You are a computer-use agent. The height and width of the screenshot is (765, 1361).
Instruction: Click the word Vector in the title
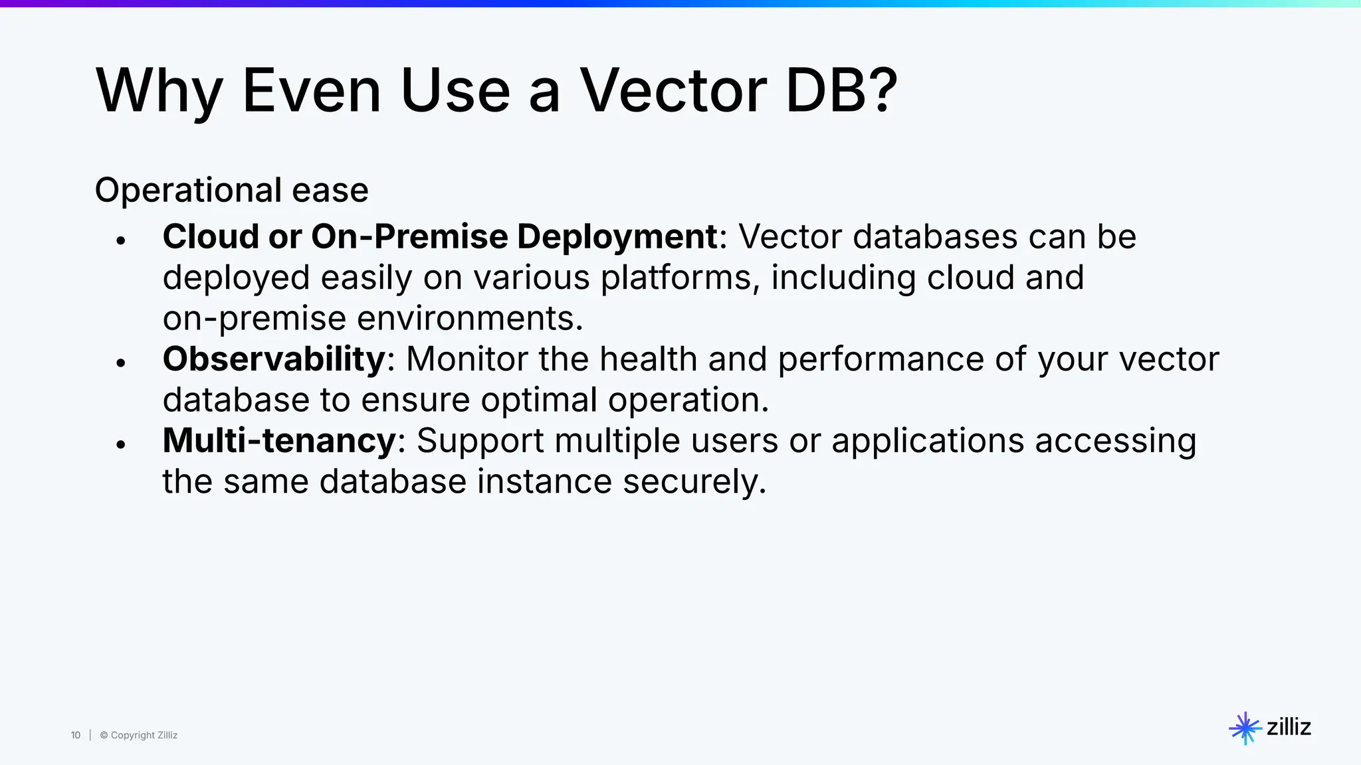click(x=673, y=91)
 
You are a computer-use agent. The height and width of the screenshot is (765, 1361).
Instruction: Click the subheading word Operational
click(x=188, y=191)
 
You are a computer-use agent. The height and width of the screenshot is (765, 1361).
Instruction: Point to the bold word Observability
click(x=274, y=359)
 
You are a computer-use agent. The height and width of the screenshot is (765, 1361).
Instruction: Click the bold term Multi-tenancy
click(x=279, y=440)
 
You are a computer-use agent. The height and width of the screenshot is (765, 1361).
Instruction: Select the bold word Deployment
click(x=617, y=237)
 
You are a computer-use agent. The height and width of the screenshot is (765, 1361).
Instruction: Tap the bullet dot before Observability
click(x=120, y=363)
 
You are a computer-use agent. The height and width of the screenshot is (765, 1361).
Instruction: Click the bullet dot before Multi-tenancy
click(x=120, y=444)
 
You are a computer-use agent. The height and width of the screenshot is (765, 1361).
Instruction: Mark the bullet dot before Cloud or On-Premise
click(x=120, y=240)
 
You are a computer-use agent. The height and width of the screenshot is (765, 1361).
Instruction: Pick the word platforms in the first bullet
click(x=680, y=278)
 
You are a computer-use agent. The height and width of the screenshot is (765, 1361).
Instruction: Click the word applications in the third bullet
click(x=927, y=440)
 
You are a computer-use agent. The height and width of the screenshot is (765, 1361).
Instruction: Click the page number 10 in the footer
click(x=76, y=735)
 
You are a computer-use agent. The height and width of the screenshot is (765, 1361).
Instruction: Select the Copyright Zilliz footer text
click(x=139, y=735)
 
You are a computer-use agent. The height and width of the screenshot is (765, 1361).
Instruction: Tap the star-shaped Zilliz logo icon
click(x=1244, y=728)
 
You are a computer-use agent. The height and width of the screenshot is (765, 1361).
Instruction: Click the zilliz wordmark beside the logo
click(x=1289, y=727)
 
